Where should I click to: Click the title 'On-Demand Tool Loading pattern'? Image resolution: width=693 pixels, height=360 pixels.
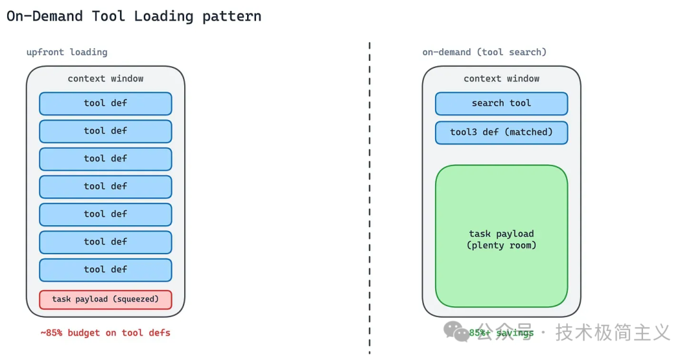(134, 17)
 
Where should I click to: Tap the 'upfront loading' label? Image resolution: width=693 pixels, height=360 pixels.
(67, 52)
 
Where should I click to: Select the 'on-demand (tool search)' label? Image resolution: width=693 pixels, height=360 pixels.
(484, 52)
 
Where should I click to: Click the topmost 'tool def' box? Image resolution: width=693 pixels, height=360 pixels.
(106, 103)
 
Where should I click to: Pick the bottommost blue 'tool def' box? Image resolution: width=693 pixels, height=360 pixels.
(106, 270)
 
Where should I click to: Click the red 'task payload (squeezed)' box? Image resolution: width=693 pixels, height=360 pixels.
(106, 300)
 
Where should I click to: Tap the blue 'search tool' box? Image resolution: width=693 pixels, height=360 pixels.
(502, 103)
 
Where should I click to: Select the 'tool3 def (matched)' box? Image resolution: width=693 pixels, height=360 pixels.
(502, 132)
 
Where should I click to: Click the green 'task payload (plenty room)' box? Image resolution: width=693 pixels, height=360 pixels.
(502, 236)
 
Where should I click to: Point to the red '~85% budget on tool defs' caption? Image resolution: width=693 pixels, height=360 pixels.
(105, 332)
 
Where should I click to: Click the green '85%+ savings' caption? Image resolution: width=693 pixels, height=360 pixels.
(501, 332)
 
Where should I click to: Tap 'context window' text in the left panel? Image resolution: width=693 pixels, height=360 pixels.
(106, 79)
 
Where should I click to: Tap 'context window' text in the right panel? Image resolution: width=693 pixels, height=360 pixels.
(502, 79)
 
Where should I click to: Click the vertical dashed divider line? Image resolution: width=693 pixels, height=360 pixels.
(370, 198)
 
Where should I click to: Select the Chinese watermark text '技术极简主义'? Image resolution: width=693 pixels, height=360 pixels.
(613, 332)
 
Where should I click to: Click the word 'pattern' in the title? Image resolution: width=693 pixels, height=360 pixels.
(232, 17)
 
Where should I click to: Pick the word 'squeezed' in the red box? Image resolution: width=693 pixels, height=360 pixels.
(137, 300)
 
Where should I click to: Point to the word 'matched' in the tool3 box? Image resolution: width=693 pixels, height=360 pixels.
(528, 132)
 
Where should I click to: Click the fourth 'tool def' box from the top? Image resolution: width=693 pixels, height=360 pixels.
(106, 187)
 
